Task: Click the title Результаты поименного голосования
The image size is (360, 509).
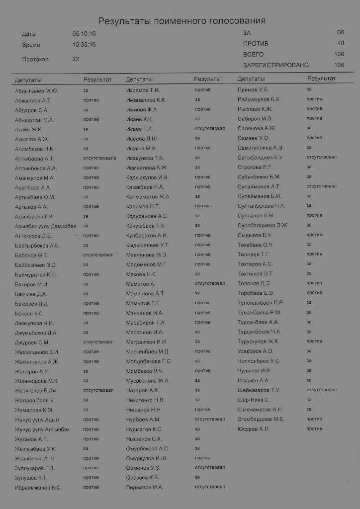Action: click(181, 21)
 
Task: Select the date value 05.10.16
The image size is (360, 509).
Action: click(84, 34)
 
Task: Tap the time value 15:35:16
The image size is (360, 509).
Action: click(84, 45)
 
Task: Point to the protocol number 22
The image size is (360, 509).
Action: click(76, 59)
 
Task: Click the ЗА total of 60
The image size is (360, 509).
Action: click(341, 33)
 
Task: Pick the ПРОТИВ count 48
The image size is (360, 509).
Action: click(341, 44)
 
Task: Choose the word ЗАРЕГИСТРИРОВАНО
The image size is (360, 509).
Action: click(276, 65)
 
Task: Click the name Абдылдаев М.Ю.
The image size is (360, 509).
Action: click(36, 90)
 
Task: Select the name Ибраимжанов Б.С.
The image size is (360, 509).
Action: click(38, 488)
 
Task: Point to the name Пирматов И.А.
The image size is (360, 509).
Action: click(145, 488)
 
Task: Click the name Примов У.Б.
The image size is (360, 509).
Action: click(253, 90)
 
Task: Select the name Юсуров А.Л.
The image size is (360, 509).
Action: click(253, 429)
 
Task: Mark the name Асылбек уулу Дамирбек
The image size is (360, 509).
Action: click(45, 226)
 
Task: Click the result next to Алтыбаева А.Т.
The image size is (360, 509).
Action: click(99, 159)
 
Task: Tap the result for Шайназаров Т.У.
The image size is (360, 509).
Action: click(321, 390)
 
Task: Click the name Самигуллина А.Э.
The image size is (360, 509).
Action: click(261, 148)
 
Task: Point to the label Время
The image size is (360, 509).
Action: click(31, 45)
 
